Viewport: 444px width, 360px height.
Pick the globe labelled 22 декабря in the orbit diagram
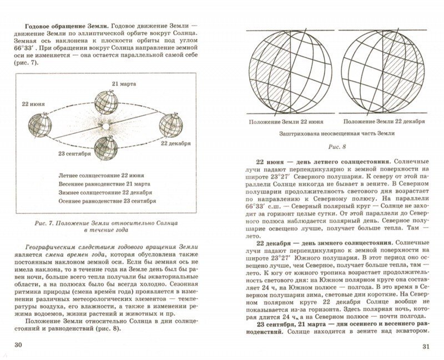pos(170,124)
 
